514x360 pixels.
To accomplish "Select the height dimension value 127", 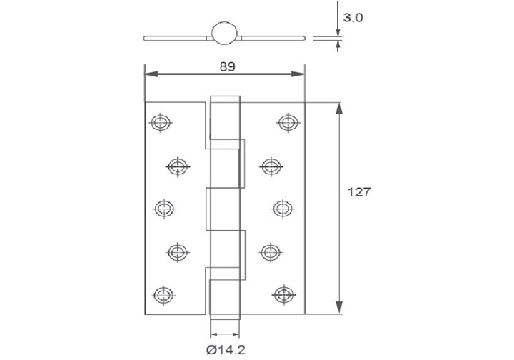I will (358, 191).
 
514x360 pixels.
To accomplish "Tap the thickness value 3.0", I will (353, 18).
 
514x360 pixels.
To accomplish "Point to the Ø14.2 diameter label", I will (224, 349).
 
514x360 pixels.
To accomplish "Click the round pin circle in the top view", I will (224, 34).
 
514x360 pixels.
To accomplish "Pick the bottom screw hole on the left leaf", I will (163, 293).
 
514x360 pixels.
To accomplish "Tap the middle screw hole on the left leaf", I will (163, 208).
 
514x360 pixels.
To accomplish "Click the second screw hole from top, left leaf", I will (178, 166).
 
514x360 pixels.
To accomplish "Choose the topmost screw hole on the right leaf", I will (287, 122).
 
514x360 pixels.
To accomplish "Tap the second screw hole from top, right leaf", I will (270, 166).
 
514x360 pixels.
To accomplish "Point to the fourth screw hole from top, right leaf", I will (270, 251).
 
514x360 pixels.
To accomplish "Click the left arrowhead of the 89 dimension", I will (149, 74).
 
